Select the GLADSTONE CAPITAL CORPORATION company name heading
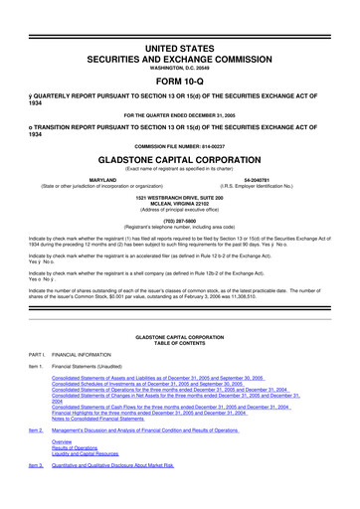(x=180, y=159)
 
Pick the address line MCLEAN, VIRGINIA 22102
(x=180, y=204)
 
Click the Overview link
(x=65, y=469)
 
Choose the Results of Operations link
(x=78, y=475)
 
